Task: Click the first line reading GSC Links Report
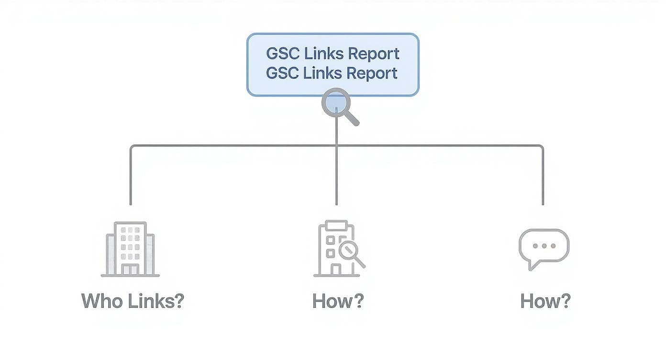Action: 333,54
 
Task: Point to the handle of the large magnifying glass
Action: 352,118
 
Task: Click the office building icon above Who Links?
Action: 130,249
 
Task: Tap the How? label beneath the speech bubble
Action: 545,302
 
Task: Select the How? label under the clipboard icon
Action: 338,302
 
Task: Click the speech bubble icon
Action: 544,247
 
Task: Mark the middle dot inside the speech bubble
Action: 544,246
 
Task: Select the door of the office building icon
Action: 130,270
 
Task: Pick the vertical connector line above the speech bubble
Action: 543,177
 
